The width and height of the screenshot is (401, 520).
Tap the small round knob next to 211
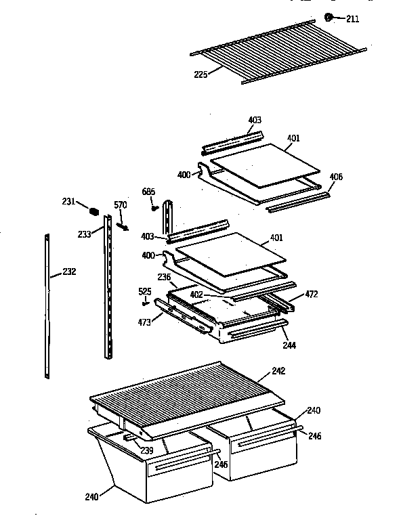329,16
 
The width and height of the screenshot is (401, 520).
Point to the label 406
335,177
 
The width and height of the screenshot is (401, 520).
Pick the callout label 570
120,205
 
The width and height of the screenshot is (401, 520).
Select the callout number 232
68,272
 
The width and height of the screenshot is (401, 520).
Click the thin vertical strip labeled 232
47,305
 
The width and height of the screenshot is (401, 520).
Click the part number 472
311,295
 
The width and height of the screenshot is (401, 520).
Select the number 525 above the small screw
144,292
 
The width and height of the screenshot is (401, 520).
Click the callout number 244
289,345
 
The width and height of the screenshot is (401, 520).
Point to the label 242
278,370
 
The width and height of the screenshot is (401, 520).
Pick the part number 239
146,451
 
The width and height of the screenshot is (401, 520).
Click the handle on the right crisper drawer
265,441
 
